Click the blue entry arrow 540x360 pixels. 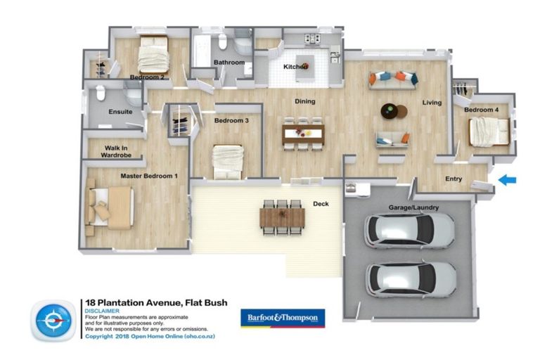(x=506, y=181)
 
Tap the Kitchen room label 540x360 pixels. (x=295, y=67)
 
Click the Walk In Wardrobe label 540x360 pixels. (x=117, y=151)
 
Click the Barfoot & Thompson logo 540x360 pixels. (x=283, y=319)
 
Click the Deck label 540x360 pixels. (x=320, y=205)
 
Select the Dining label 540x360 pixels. (x=304, y=101)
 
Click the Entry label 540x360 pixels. (x=454, y=179)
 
